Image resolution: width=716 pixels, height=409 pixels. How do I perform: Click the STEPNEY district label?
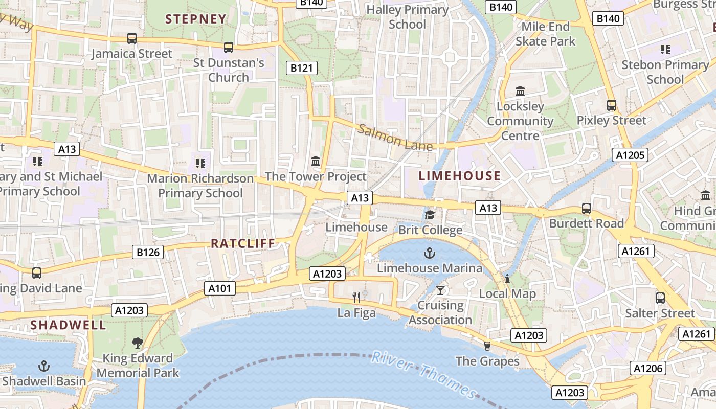click(x=196, y=19)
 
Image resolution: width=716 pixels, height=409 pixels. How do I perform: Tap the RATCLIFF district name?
click(x=243, y=243)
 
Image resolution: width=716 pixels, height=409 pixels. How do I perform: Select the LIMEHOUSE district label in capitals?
click(x=460, y=176)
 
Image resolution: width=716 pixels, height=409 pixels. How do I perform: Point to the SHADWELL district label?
click(x=68, y=325)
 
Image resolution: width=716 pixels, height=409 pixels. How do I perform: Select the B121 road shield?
click(x=301, y=67)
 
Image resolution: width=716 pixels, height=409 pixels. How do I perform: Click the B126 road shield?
click(x=148, y=252)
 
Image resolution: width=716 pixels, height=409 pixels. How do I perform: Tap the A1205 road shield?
click(x=630, y=155)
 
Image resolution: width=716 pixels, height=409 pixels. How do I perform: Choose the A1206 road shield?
click(x=648, y=368)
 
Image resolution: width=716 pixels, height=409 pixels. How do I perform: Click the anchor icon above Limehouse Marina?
click(x=430, y=253)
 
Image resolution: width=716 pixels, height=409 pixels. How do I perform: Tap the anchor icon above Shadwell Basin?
click(x=44, y=366)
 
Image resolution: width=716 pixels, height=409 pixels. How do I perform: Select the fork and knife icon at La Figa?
click(x=357, y=297)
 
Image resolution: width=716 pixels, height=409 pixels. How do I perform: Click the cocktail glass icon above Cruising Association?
click(x=440, y=290)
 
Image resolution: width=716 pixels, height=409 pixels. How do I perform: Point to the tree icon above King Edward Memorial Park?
click(x=137, y=343)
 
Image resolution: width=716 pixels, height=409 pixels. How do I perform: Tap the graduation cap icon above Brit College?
click(x=430, y=215)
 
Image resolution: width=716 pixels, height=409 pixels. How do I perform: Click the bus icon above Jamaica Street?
click(x=132, y=38)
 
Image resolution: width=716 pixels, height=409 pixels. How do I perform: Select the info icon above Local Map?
click(x=507, y=279)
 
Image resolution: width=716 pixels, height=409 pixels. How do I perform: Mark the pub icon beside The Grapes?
click(x=487, y=346)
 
